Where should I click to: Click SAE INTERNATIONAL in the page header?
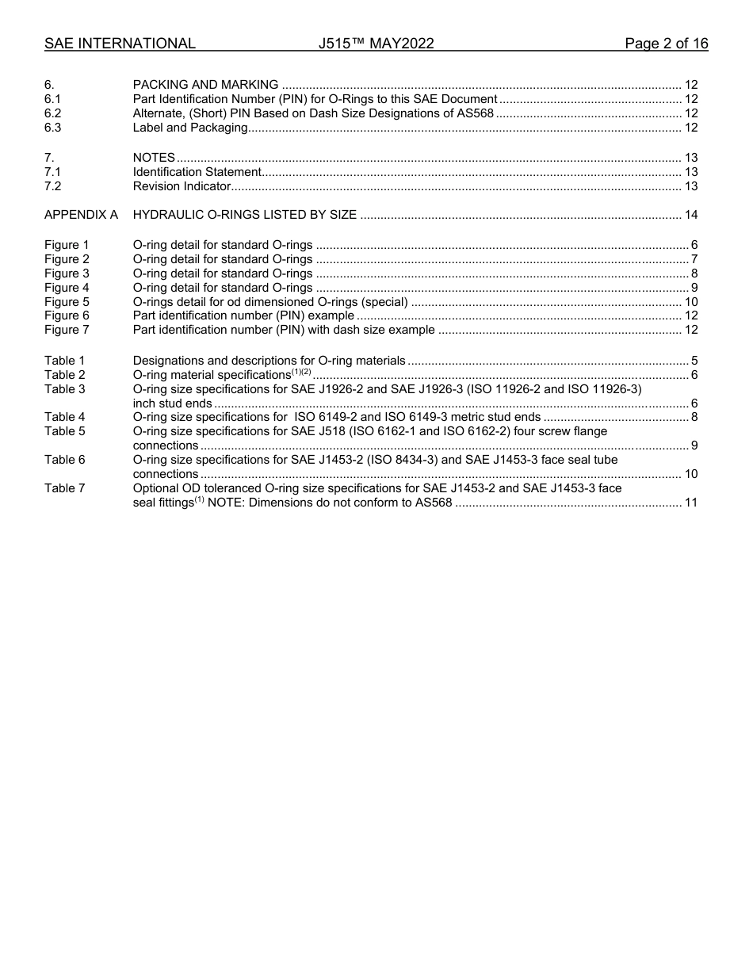pyautogui.click(x=120, y=44)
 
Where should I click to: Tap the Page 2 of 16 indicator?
pyautogui.click(x=666, y=44)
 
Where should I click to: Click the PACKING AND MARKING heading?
pyautogui.click(x=205, y=85)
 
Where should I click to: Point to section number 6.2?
pyautogui.click(x=53, y=113)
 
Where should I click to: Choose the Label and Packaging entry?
pyautogui.click(x=190, y=128)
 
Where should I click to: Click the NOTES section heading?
pyautogui.click(x=154, y=158)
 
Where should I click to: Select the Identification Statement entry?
pyautogui.click(x=197, y=172)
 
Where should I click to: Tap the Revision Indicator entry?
pyautogui.click(x=182, y=186)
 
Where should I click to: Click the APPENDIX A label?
pyautogui.click(x=81, y=215)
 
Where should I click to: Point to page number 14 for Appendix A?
pyautogui.click(x=690, y=215)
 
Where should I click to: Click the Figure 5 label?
pyautogui.click(x=67, y=301)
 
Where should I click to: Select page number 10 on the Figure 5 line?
pyautogui.click(x=690, y=301)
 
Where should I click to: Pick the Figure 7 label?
pyautogui.click(x=67, y=330)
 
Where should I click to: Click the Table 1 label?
pyautogui.click(x=64, y=361)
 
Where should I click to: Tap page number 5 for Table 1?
pyautogui.click(x=694, y=361)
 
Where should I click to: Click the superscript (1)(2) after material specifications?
pyautogui.click(x=300, y=372)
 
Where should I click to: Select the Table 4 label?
pyautogui.click(x=64, y=417)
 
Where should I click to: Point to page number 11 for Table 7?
pyautogui.click(x=690, y=503)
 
